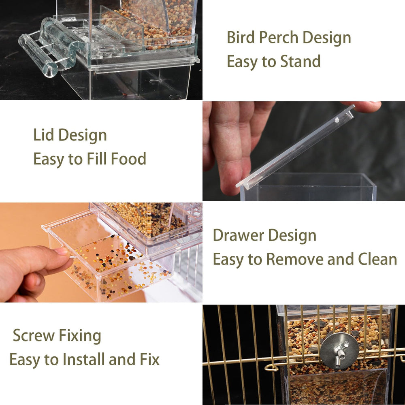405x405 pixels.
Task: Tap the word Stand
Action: coord(301,62)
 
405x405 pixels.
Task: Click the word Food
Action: coord(129,159)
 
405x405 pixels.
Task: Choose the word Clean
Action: coord(377,259)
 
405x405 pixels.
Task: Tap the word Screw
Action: coord(34,335)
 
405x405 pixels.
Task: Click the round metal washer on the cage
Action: coord(339,350)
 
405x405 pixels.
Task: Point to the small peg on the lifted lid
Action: coord(337,120)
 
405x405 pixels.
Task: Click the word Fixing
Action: coord(80,336)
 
